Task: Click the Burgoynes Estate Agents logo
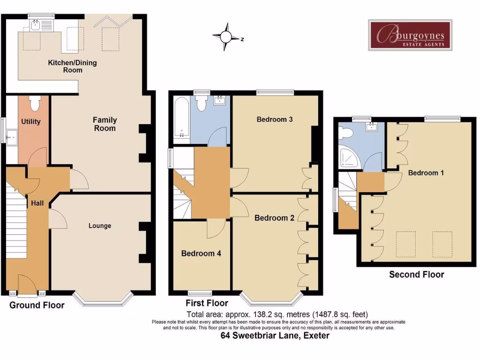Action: click(x=410, y=35)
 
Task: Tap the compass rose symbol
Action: click(x=226, y=37)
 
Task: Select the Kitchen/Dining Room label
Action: click(x=73, y=66)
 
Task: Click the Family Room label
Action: click(x=105, y=124)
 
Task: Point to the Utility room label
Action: click(x=31, y=121)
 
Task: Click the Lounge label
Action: click(x=100, y=225)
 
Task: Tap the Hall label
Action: click(x=37, y=203)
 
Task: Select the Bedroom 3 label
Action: click(x=275, y=119)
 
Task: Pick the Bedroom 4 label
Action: click(x=201, y=253)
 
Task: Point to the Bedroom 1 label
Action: click(x=426, y=172)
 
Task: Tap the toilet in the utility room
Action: click(x=34, y=103)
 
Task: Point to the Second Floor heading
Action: click(x=416, y=274)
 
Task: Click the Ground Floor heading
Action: click(x=37, y=305)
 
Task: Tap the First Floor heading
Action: click(x=207, y=303)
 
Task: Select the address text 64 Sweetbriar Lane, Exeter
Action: click(x=275, y=336)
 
